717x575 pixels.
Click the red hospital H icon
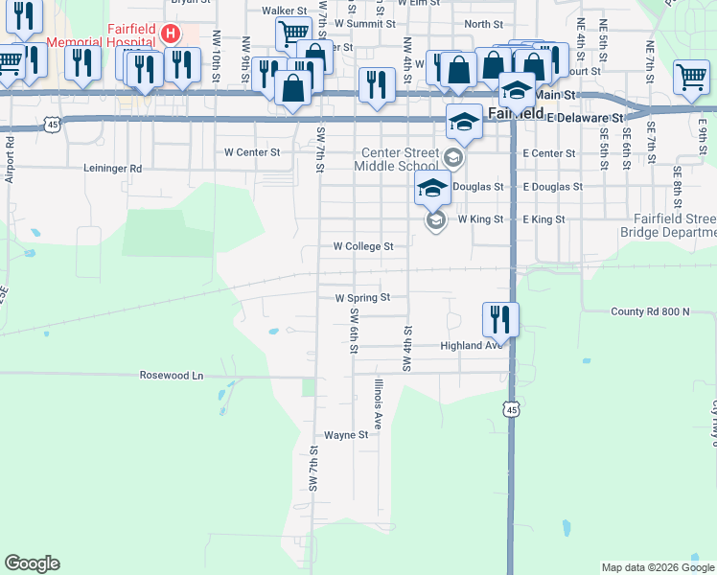point(171,34)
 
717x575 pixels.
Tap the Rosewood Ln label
point(172,376)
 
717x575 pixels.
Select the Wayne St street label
point(346,435)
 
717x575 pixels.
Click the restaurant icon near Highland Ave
point(500,319)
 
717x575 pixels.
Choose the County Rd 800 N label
point(650,312)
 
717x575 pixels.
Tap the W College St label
point(363,246)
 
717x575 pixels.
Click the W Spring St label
point(363,298)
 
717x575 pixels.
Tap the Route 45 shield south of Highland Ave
point(511,409)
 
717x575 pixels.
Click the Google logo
point(32,563)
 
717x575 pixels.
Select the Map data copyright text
point(657,567)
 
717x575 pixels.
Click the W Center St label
point(252,151)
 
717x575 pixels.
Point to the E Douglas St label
point(552,187)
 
